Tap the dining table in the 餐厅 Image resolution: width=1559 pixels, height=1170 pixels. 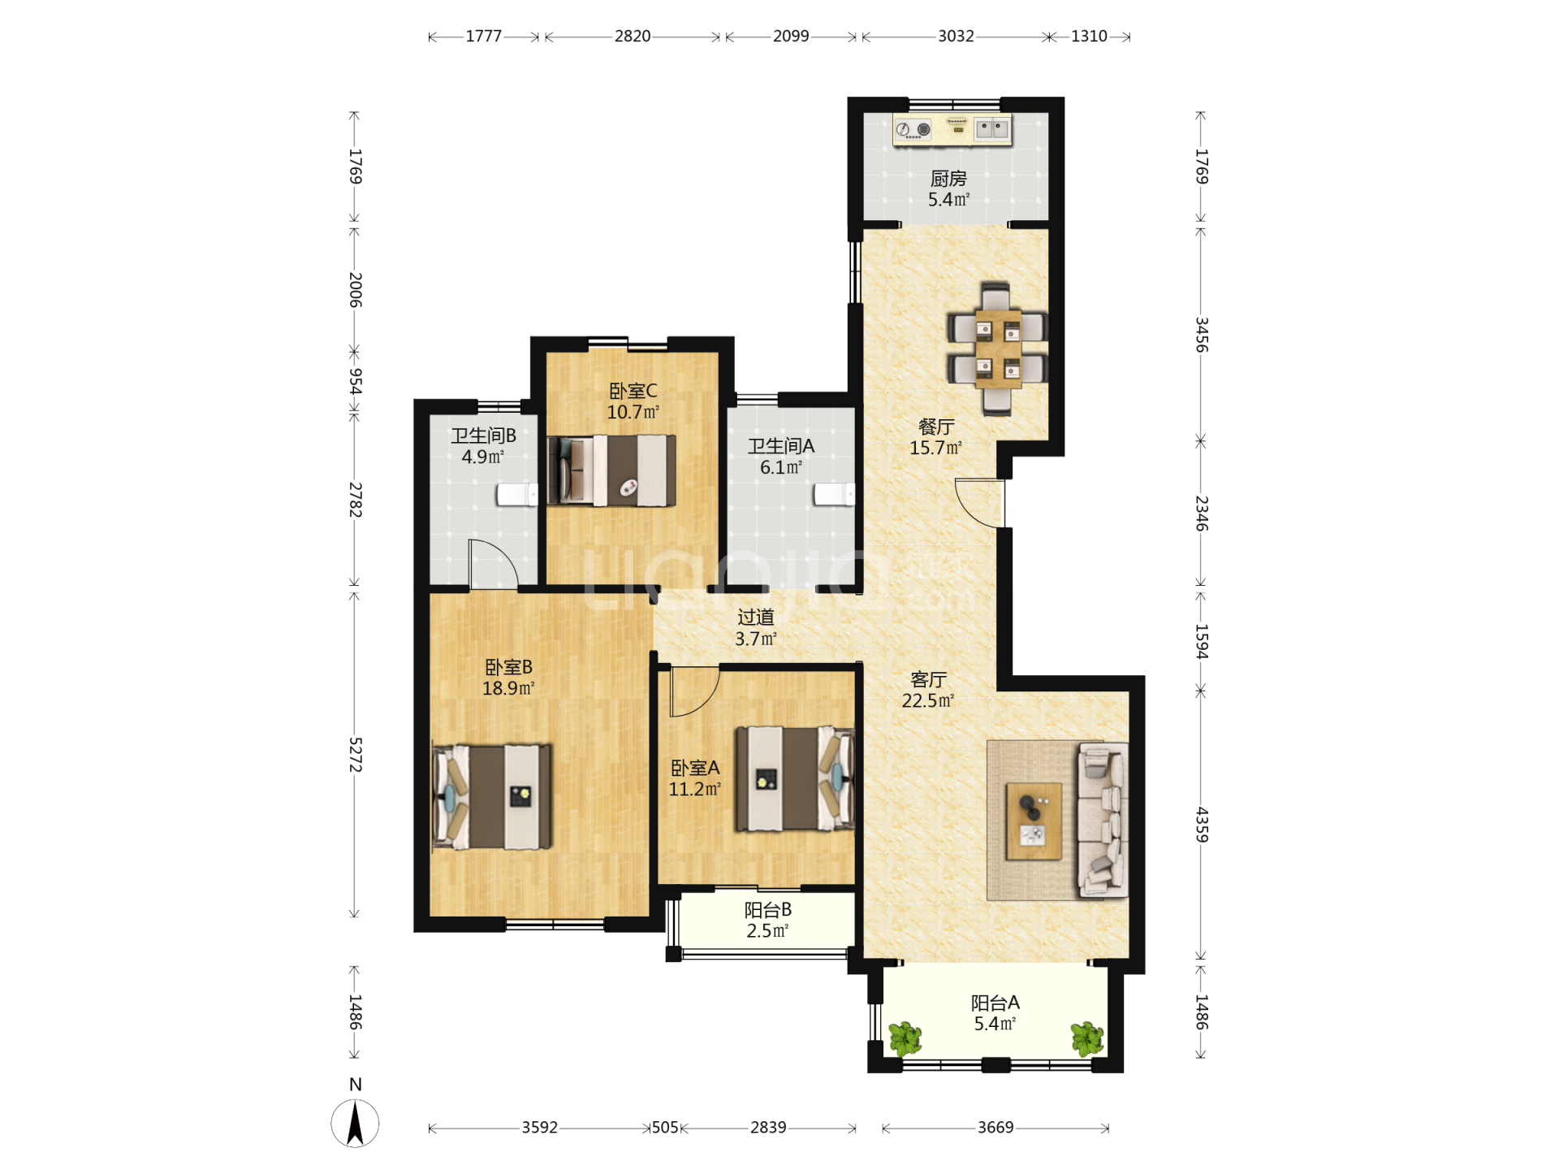click(998, 349)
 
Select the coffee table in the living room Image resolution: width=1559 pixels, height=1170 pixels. click(1034, 821)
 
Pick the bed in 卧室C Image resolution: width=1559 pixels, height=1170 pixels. click(611, 470)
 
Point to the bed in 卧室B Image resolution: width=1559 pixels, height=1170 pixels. click(492, 797)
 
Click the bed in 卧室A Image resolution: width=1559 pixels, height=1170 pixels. click(795, 778)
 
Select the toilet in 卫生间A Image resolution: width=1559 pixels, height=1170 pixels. click(835, 494)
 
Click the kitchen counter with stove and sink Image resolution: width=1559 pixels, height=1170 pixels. click(952, 130)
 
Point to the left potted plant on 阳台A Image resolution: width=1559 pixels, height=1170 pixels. click(905, 1038)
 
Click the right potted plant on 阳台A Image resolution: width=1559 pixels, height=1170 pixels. click(1087, 1038)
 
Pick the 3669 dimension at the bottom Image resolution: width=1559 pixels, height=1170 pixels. click(995, 1128)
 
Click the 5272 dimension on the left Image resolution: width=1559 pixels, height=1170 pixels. click(355, 755)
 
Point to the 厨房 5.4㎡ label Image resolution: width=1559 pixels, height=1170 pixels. click(948, 188)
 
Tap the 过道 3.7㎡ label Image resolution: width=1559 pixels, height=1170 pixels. click(756, 628)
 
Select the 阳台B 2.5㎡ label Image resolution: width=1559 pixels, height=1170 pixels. click(768, 921)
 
